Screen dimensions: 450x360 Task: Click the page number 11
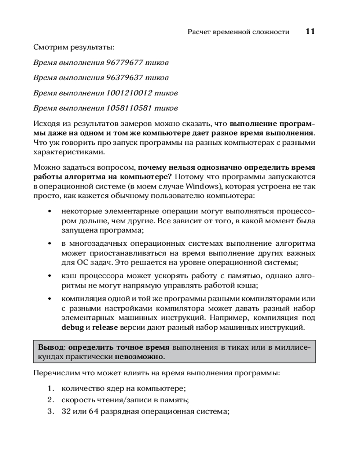(x=310, y=31)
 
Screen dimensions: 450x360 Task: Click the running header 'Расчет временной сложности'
(x=238, y=32)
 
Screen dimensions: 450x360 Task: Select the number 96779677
(x=127, y=63)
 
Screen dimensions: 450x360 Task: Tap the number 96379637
(x=127, y=78)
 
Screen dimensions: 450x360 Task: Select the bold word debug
(x=72, y=328)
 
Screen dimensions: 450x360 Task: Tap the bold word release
(x=105, y=328)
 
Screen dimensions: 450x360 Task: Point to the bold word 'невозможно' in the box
(x=139, y=357)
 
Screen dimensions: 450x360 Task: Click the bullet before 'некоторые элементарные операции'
(x=49, y=211)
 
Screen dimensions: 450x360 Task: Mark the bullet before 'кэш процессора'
(x=49, y=275)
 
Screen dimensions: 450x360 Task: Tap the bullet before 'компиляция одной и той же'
(x=49, y=299)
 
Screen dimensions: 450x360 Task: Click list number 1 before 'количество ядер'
(x=50, y=388)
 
